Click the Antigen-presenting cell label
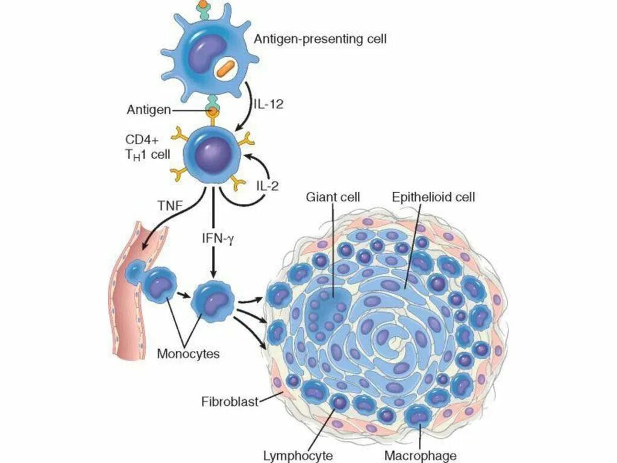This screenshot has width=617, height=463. pyautogui.click(x=320, y=40)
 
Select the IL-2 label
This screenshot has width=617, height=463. pyautogui.click(x=266, y=186)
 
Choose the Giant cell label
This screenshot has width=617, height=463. pyautogui.click(x=333, y=197)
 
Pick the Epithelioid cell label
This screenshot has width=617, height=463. pyautogui.click(x=433, y=197)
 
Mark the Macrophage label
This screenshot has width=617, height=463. pyautogui.click(x=420, y=455)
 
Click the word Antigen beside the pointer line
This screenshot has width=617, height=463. pyautogui.click(x=149, y=110)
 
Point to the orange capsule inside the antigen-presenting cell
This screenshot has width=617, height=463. pyautogui.click(x=227, y=68)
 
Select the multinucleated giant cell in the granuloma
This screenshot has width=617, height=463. pyautogui.click(x=328, y=307)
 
